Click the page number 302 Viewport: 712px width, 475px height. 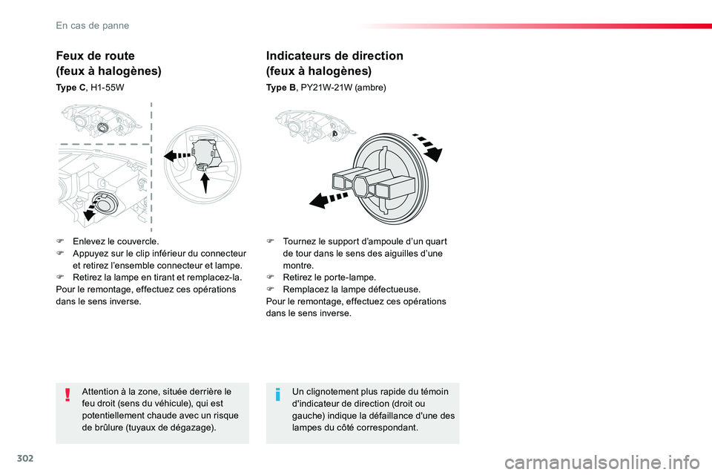(x=25, y=458)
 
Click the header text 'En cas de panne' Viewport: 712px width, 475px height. (x=93, y=25)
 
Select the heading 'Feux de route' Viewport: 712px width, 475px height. (x=96, y=56)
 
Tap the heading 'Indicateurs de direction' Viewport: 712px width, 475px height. (x=334, y=56)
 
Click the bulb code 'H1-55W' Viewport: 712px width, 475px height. (x=107, y=88)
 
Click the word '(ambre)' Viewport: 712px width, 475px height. (x=371, y=88)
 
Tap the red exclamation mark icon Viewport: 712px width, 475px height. (x=67, y=395)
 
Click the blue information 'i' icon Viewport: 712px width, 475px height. (x=278, y=395)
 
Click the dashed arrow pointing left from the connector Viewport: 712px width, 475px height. (x=177, y=156)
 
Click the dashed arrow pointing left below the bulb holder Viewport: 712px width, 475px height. (x=329, y=200)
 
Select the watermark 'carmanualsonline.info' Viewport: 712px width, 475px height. (x=602, y=462)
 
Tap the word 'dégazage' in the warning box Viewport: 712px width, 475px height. (x=191, y=427)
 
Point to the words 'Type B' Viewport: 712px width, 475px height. (x=280, y=88)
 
